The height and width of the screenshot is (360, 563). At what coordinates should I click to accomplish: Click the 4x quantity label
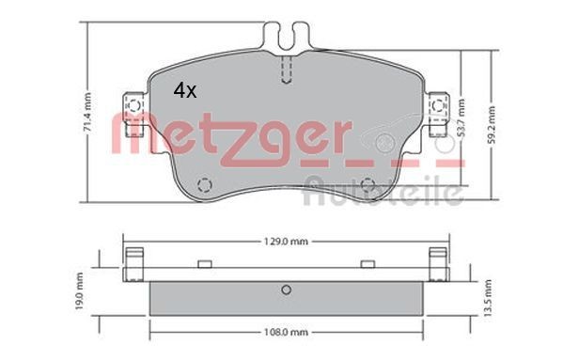click(x=184, y=90)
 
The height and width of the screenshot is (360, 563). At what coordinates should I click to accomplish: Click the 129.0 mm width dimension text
click(x=286, y=243)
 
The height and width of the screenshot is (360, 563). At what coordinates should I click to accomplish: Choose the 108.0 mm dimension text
click(x=286, y=331)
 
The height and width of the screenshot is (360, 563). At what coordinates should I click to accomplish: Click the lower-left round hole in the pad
click(x=201, y=183)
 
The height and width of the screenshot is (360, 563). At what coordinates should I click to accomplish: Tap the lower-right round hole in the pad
click(x=369, y=183)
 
